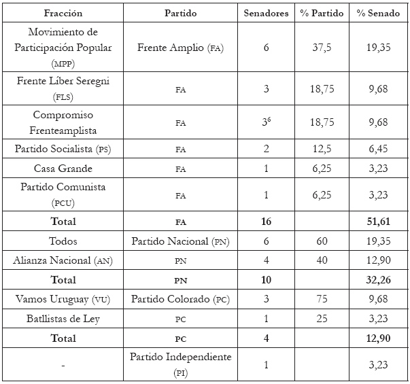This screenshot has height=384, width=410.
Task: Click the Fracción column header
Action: pyautogui.click(x=63, y=13)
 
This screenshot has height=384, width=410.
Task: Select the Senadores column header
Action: pyautogui.click(x=266, y=13)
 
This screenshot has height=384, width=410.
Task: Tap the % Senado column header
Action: pyautogui.click(x=378, y=13)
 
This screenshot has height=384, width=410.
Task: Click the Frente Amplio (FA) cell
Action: pyautogui.click(x=180, y=48)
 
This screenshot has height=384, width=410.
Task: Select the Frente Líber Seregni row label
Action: pyautogui.click(x=63, y=88)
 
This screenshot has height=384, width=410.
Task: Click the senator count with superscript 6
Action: pyautogui.click(x=267, y=122)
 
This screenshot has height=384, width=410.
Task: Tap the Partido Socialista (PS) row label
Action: pyautogui.click(x=63, y=149)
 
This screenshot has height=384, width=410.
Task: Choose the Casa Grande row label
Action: pyautogui.click(x=63, y=169)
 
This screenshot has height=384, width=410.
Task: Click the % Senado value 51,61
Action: pyautogui.click(x=378, y=221)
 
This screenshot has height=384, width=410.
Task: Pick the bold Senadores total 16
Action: pyautogui.click(x=266, y=221)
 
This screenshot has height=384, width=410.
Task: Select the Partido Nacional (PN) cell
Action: pyautogui.click(x=180, y=241)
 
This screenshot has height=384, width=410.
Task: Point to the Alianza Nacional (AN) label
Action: pyautogui.click(x=63, y=260)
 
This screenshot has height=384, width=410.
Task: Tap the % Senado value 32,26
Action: pyautogui.click(x=378, y=279)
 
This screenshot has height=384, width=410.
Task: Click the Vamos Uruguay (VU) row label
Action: pyautogui.click(x=63, y=299)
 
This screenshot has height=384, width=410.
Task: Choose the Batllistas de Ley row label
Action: pyautogui.click(x=63, y=318)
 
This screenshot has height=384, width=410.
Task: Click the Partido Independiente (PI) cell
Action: pyautogui.click(x=180, y=364)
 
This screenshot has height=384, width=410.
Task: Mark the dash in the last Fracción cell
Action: pyautogui.click(x=63, y=366)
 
